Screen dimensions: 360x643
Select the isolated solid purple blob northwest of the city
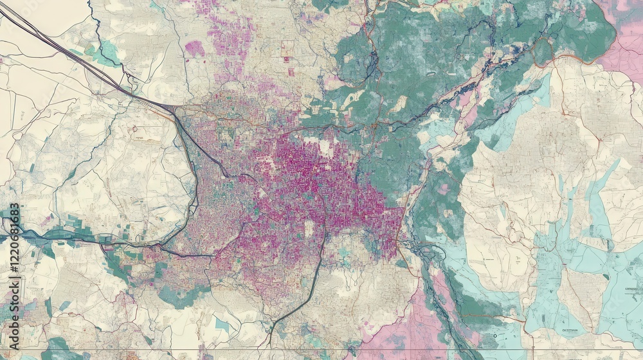click(x=194, y=48)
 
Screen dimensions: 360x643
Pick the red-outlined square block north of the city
click(x=287, y=48)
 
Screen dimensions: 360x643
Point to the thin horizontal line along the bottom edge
click(x=321, y=350)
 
